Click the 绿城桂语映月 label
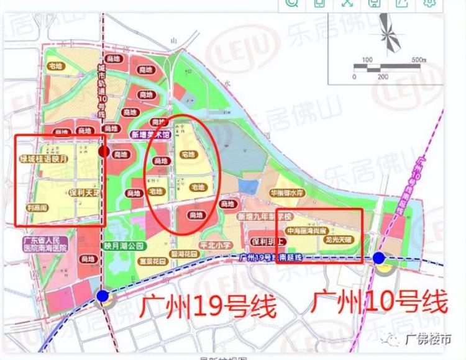(47, 159)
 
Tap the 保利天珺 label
(84, 193)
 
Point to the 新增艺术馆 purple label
(150, 135)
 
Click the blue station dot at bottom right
(379, 258)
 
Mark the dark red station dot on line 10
(104, 151)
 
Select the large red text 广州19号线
(206, 306)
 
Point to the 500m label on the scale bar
(418, 60)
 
